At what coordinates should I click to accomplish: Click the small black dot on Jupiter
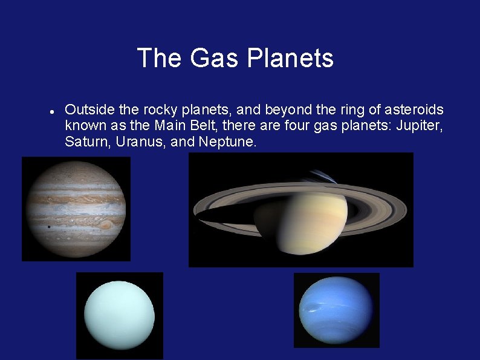[x=48, y=227]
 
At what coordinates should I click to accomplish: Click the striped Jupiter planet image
[x=76, y=209]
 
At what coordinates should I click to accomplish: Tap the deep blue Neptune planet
[x=336, y=310]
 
